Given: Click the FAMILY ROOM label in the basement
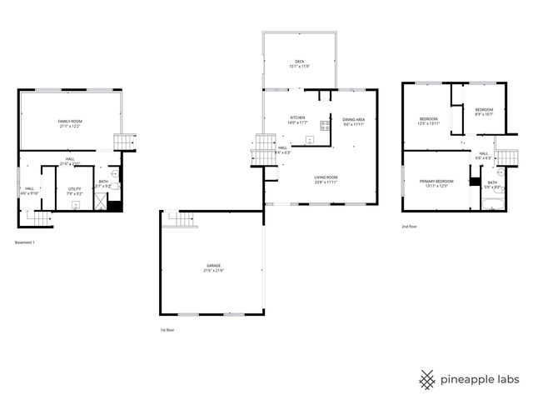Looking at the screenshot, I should [x=70, y=122].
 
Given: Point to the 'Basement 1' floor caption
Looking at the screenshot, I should [x=26, y=242].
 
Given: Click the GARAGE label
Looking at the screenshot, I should [x=214, y=265].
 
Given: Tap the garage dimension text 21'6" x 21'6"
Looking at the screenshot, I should [x=214, y=271].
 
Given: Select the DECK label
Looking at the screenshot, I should [x=299, y=62].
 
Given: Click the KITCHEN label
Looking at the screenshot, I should [x=297, y=117].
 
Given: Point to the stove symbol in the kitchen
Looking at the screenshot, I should [x=325, y=127].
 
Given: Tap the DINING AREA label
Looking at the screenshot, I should [x=354, y=119].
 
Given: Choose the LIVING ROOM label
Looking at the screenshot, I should [x=326, y=177].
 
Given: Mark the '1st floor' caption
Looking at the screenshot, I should [x=167, y=330].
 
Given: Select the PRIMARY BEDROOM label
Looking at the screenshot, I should [x=436, y=181].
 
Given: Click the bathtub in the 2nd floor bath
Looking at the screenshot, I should [x=493, y=201].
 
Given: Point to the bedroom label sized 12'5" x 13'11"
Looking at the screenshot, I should [x=428, y=119].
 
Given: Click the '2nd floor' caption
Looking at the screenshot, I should [x=409, y=226].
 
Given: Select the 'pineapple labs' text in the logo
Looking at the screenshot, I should [x=481, y=379].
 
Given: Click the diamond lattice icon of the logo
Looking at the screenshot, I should [x=427, y=379].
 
